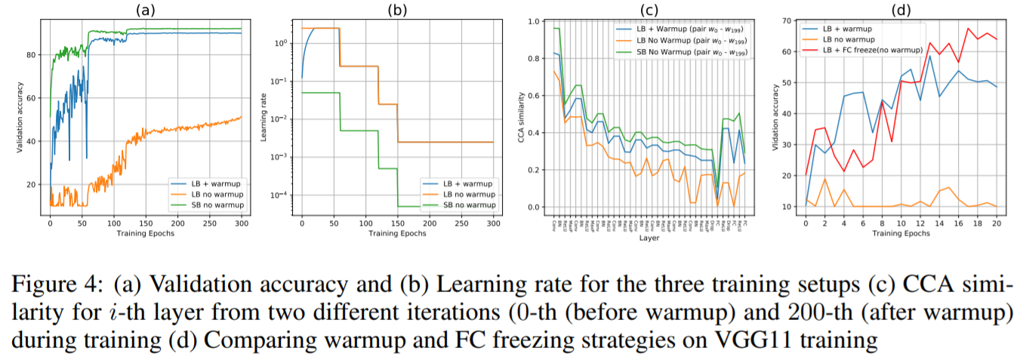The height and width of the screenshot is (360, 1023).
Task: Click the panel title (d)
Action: point(895,10)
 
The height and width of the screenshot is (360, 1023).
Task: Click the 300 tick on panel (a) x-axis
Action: point(240,224)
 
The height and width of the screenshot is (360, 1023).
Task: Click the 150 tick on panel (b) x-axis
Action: point(398,224)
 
